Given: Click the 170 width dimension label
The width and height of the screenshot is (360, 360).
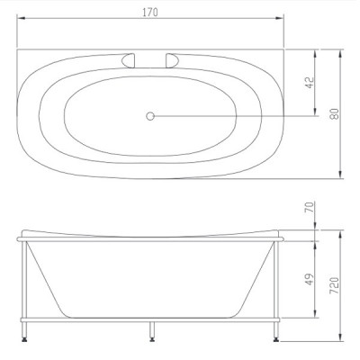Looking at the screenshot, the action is pyautogui.click(x=150, y=13).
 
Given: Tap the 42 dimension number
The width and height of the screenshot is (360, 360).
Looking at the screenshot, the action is pyautogui.click(x=310, y=83).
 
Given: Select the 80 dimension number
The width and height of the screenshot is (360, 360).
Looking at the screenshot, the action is pyautogui.click(x=335, y=113).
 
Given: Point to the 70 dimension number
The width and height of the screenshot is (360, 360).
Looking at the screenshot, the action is pyautogui.click(x=310, y=207).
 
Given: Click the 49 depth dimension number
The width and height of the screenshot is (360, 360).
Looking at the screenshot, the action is pyautogui.click(x=310, y=279).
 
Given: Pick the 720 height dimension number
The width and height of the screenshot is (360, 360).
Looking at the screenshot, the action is pyautogui.click(x=334, y=285).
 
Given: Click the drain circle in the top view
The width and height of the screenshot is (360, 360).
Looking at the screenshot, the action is pyautogui.click(x=150, y=116).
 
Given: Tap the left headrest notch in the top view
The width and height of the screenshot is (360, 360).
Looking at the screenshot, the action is pyautogui.click(x=128, y=60).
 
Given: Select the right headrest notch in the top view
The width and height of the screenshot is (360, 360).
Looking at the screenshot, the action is pyautogui.click(x=173, y=60).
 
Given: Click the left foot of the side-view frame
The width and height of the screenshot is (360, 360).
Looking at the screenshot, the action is pyautogui.click(x=24, y=339).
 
